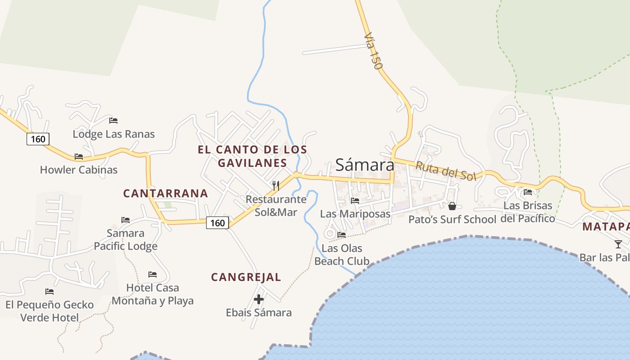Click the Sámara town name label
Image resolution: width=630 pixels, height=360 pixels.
click(x=364, y=165)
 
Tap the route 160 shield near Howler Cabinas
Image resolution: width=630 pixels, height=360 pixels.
click(x=38, y=139)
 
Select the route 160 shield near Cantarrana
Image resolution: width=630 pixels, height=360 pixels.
click(x=217, y=223)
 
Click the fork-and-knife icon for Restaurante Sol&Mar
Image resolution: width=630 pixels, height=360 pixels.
click(x=276, y=185)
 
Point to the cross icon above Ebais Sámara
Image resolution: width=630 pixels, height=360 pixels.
click(x=259, y=299)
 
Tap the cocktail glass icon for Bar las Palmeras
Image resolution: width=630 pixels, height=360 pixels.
click(x=618, y=244)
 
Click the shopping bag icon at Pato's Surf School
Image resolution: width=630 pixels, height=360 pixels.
click(x=452, y=206)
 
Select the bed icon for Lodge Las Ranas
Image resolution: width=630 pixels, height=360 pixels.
click(x=113, y=121)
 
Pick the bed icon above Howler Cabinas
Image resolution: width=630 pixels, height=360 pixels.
click(x=79, y=157)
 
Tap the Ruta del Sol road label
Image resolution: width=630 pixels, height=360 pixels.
click(x=445, y=171)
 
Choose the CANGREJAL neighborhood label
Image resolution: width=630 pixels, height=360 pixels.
click(x=246, y=277)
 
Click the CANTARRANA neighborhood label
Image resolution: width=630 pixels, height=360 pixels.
click(x=166, y=193)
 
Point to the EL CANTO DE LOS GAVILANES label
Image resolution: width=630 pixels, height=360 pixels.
click(x=252, y=156)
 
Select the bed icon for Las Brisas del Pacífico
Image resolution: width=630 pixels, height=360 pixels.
click(x=528, y=192)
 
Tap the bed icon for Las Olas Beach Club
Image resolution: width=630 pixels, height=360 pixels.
click(x=342, y=234)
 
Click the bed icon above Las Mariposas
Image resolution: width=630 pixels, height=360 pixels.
click(x=355, y=200)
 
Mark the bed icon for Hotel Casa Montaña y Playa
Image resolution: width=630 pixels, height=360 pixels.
click(x=153, y=274)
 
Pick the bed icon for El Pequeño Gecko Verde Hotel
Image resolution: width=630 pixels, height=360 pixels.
click(x=49, y=292)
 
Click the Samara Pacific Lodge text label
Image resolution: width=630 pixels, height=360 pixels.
click(x=126, y=240)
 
